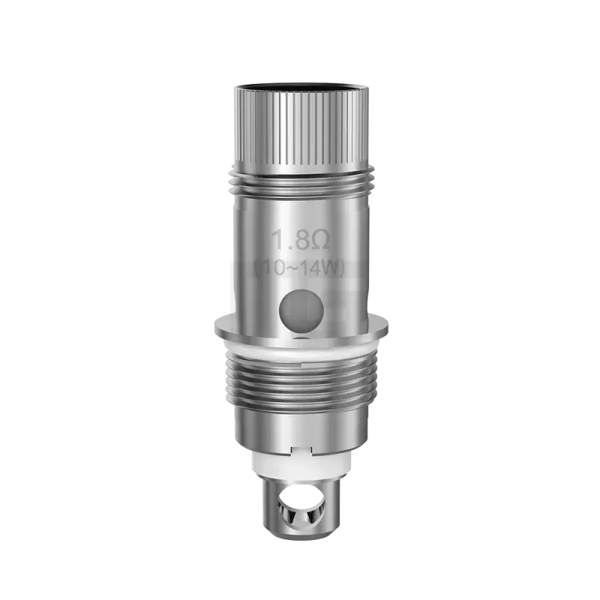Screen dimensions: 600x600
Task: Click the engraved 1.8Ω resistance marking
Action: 298,242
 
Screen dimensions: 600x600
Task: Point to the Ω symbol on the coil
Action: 317,242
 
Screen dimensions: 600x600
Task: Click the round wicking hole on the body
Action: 299,307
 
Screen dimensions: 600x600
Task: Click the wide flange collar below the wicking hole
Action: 299,328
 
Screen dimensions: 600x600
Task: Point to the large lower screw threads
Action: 299,382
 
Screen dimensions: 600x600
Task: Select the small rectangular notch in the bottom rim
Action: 299,451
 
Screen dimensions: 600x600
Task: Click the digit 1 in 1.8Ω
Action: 277,242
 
